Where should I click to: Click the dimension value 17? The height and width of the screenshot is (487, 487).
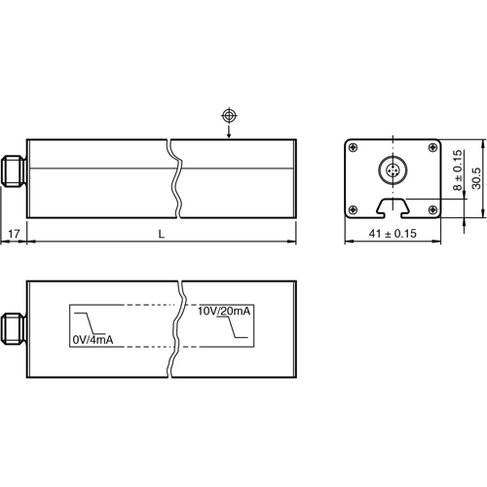(x=14, y=235)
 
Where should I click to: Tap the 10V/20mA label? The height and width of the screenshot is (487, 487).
(x=225, y=312)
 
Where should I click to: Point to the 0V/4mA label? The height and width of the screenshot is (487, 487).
(x=94, y=339)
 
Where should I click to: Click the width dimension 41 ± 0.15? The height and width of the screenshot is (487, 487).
(x=390, y=235)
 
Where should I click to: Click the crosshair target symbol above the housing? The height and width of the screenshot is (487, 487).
(x=229, y=116)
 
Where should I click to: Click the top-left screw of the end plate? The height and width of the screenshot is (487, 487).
(x=353, y=148)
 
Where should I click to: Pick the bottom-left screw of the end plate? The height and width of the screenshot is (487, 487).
(x=353, y=208)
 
